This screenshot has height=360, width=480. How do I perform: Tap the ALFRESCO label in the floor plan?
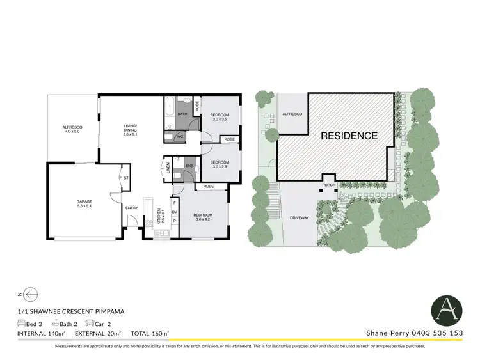(x=72, y=129)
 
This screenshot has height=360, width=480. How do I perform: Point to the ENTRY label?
(x=131, y=207)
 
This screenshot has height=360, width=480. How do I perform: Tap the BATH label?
(x=182, y=114)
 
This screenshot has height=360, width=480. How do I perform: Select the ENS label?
(x=189, y=166)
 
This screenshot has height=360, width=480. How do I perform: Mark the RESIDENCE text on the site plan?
(x=349, y=136)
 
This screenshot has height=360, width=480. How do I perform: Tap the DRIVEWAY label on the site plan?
(x=300, y=217)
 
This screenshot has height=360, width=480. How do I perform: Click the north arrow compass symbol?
(x=29, y=294)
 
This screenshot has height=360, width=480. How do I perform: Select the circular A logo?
(x=448, y=309)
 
